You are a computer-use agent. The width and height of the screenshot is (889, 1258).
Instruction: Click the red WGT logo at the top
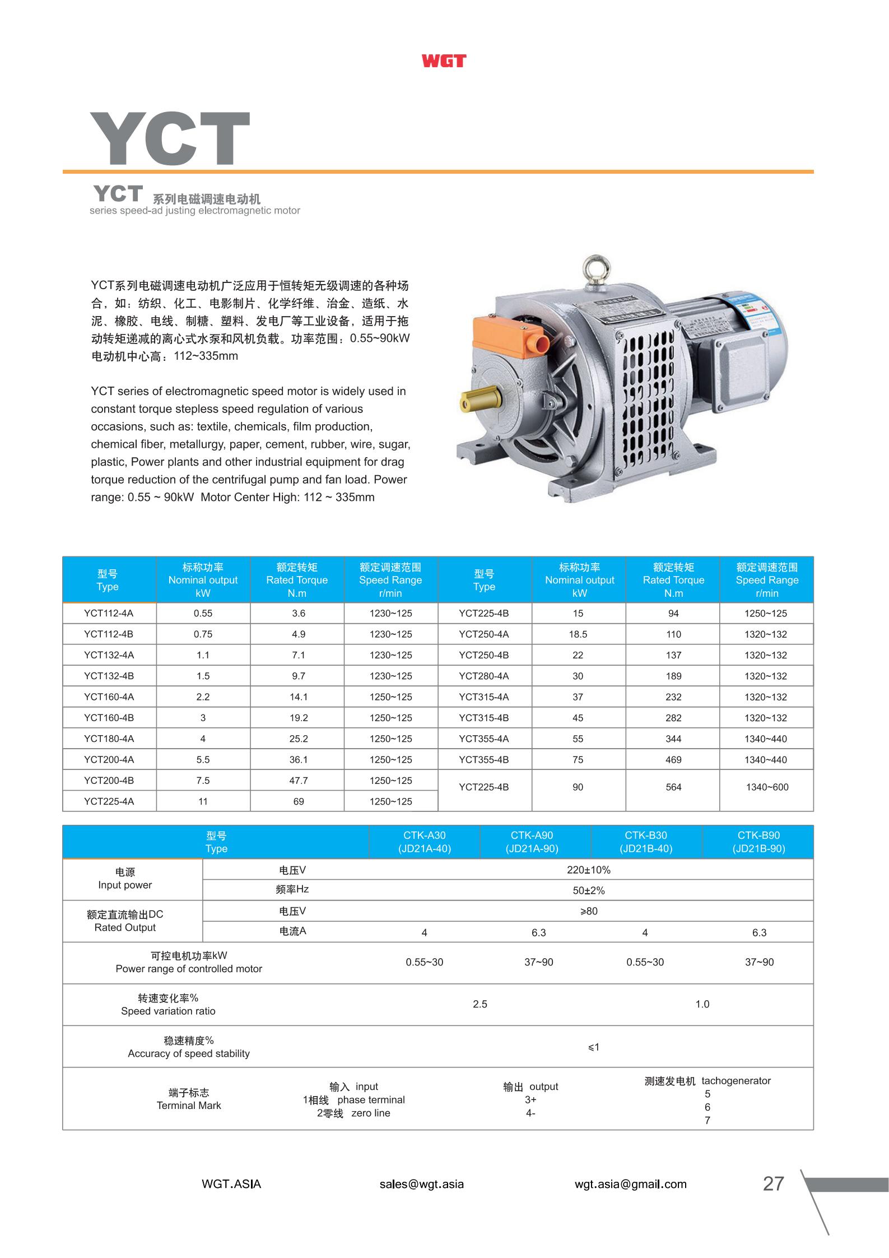coord(444,61)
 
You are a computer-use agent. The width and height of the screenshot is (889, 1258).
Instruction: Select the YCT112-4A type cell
coord(109,613)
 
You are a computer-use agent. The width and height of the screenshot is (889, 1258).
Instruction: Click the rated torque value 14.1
coord(299,697)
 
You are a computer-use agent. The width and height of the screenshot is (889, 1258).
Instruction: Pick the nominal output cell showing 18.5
coord(578,634)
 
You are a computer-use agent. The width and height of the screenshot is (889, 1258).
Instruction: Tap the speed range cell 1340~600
coord(767,787)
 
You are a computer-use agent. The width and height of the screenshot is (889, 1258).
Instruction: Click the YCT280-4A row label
coord(484,676)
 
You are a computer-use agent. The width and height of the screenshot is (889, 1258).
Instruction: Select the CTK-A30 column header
coord(425,842)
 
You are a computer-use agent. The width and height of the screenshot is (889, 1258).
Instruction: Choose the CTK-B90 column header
coord(758,842)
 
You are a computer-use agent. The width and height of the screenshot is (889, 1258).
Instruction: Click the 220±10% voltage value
coord(589,870)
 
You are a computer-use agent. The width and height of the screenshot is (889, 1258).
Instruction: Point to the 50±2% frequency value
coord(589,890)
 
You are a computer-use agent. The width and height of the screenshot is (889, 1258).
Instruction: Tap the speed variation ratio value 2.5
coord(480,1004)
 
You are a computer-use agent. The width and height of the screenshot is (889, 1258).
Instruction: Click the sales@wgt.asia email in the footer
coord(421,1184)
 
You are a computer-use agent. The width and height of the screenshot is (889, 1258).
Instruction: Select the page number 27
coord(773,1183)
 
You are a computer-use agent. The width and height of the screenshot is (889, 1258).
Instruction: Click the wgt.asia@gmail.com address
coord(630,1184)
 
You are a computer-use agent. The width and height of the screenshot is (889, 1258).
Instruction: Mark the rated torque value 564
coord(673,787)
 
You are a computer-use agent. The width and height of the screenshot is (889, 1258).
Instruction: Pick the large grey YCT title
coord(170,138)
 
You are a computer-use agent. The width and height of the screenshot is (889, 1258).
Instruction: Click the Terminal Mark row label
coord(189,1099)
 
